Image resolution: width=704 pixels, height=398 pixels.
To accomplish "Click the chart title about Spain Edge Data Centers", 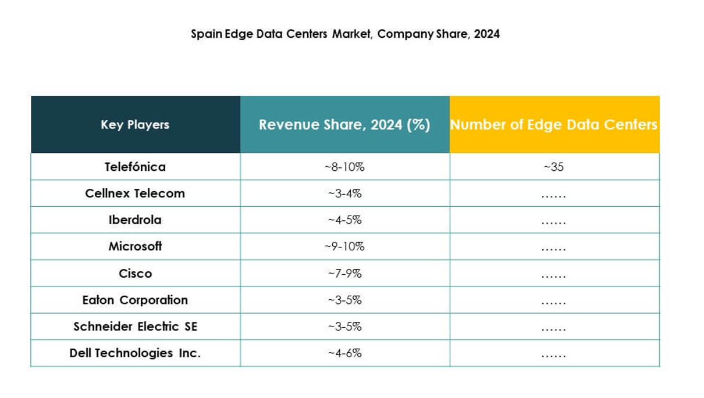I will click(x=345, y=34).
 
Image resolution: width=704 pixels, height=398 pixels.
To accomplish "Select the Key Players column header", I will click(x=135, y=125).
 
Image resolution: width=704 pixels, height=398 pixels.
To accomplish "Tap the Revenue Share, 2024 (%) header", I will click(x=344, y=125).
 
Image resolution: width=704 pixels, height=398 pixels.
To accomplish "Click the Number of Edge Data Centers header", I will click(x=554, y=125).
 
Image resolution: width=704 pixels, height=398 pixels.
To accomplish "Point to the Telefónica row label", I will click(x=135, y=167).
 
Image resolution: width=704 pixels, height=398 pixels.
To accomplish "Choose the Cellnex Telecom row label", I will click(x=135, y=193).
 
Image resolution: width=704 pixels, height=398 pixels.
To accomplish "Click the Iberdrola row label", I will click(x=135, y=220).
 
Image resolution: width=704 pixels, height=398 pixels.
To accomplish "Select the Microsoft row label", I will click(x=135, y=246).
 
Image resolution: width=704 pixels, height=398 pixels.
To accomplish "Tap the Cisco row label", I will click(x=135, y=273).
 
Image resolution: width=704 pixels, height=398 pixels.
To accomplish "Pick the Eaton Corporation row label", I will click(x=135, y=300).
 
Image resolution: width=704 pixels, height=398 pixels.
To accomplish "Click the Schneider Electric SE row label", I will click(x=135, y=327).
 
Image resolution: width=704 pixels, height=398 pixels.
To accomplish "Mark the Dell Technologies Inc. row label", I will click(x=135, y=353).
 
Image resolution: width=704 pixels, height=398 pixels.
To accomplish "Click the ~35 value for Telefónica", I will click(x=553, y=167).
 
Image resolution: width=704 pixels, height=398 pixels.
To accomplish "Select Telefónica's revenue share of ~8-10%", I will click(x=344, y=167).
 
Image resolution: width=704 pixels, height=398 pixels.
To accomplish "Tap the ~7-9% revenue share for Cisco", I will click(x=344, y=274).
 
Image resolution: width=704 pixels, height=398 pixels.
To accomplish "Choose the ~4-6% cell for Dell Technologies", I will click(x=344, y=353).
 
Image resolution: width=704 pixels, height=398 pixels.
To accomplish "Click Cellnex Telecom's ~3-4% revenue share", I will click(x=344, y=194).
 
